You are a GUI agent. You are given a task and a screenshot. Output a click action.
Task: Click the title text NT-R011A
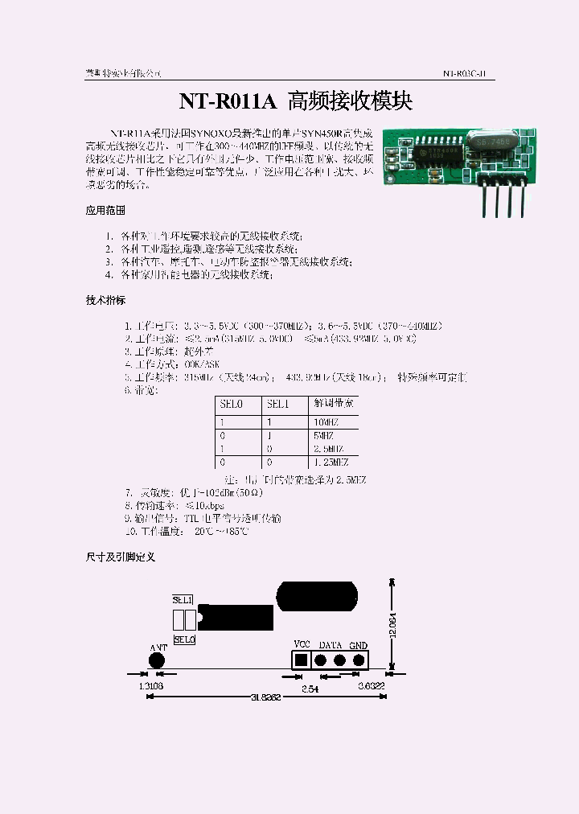228,101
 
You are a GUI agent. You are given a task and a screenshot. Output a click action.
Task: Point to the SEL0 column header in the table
231,404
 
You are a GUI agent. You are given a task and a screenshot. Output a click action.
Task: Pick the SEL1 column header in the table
277,404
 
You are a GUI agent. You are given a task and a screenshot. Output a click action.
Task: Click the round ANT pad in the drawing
156,660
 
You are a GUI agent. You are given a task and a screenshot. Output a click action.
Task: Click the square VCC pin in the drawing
302,660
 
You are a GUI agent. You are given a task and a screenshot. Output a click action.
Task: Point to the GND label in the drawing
358,645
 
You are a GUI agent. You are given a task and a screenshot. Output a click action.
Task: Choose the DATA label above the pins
331,645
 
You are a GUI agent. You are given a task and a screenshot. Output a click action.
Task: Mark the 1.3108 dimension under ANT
150,686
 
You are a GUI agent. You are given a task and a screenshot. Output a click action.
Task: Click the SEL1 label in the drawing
183,600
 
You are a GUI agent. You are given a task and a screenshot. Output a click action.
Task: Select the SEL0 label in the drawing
184,639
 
